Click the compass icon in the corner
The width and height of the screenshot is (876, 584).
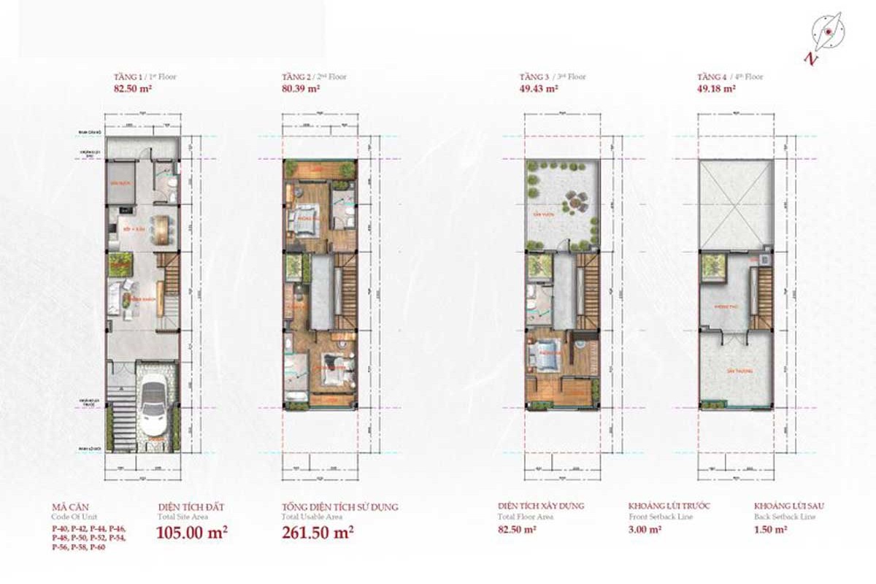point(829,32)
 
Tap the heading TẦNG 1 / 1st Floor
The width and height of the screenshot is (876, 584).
point(145,77)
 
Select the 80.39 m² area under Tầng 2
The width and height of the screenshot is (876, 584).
point(301,88)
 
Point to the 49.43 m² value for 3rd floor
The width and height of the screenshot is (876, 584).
point(538,88)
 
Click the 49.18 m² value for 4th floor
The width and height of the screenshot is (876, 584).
point(715,88)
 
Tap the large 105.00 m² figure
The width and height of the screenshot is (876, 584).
point(192,532)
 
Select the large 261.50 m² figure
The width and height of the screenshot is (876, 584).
point(318,532)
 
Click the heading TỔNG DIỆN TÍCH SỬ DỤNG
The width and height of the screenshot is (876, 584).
point(340,506)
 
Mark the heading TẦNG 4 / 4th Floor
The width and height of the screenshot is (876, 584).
point(729,77)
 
